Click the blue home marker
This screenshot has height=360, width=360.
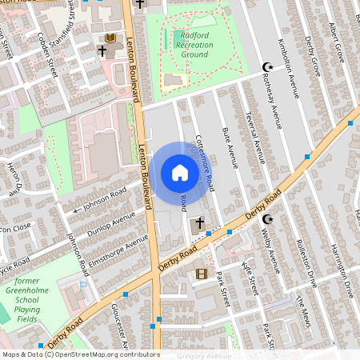[x=180, y=173]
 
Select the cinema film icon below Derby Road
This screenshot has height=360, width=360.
[x=201, y=274]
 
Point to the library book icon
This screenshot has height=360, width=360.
[x=109, y=38]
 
